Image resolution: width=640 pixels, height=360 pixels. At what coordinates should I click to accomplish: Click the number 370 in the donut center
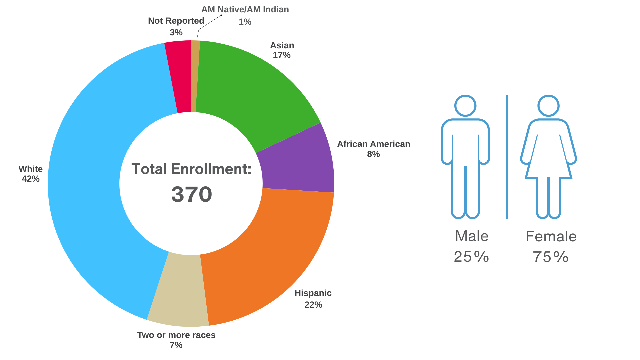coord(192,194)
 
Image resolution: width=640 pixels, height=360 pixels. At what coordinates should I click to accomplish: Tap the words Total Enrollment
coord(191,169)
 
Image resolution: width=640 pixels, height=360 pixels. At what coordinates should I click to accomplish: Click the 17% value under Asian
coord(282,55)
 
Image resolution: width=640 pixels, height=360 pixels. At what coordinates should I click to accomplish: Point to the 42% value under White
coord(31,179)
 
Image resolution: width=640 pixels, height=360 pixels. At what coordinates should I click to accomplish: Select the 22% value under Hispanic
coord(313,305)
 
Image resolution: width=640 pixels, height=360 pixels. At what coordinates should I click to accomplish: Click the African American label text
coord(373,144)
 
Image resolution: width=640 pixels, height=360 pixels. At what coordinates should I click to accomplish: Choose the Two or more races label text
coord(176,335)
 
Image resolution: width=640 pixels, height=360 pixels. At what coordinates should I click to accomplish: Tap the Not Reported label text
coord(176,21)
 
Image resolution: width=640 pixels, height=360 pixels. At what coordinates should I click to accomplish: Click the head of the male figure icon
coord(465,106)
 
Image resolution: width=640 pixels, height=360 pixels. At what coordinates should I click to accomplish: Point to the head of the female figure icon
coord(548,106)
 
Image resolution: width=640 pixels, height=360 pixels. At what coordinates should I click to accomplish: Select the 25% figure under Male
coord(471,257)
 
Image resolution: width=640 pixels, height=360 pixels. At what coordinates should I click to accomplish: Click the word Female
coord(551,236)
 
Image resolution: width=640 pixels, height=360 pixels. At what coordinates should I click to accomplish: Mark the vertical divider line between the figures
coord(507,157)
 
